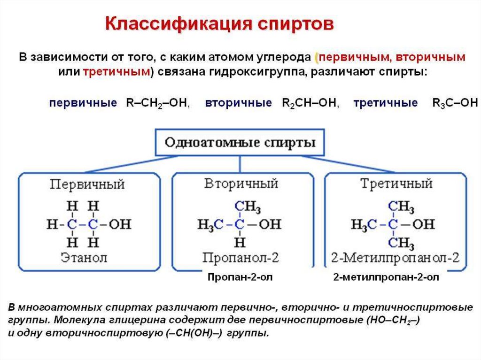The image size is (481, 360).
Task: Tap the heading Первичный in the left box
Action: pyautogui.click(x=88, y=184)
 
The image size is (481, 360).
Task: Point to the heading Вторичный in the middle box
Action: pyautogui.click(x=241, y=184)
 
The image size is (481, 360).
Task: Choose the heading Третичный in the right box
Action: pyautogui.click(x=396, y=184)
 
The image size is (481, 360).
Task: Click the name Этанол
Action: pyautogui.click(x=84, y=257)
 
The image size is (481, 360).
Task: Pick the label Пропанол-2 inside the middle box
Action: pyautogui.click(x=241, y=258)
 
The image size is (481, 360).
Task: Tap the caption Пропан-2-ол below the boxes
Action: pyautogui.click(x=240, y=277)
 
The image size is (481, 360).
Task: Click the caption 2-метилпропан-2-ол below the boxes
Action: pyautogui.click(x=386, y=277)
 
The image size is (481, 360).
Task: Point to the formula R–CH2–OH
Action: pyautogui.click(x=157, y=103)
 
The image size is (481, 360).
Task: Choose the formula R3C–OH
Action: pyautogui.click(x=454, y=103)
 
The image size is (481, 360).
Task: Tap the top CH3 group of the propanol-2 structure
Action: pyautogui.click(x=248, y=207)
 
